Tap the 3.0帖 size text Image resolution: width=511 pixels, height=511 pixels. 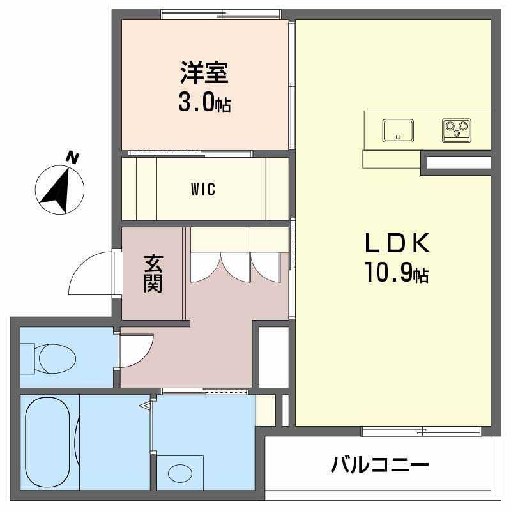pos(204,103)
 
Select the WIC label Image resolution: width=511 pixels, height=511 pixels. pos(202,190)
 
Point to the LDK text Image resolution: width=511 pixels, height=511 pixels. pos(395,244)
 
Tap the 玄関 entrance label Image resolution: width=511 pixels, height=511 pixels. pos(152,273)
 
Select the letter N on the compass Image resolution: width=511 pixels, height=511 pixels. pos(74,157)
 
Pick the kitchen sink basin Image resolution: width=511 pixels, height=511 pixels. pos(399,131)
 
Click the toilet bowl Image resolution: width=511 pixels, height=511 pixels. pos(54,358)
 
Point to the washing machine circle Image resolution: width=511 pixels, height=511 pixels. pos(179,473)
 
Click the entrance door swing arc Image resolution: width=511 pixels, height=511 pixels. pos(89,271)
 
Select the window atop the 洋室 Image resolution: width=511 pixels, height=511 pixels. pos(220,13)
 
